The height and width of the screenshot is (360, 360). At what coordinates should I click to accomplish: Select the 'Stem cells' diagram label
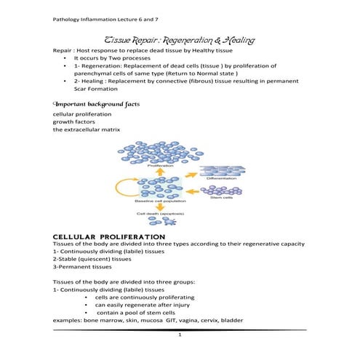(x=220, y=198)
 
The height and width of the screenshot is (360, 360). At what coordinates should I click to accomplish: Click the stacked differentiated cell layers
(x=222, y=168)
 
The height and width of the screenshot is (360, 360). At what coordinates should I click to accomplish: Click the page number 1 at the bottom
(x=179, y=335)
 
